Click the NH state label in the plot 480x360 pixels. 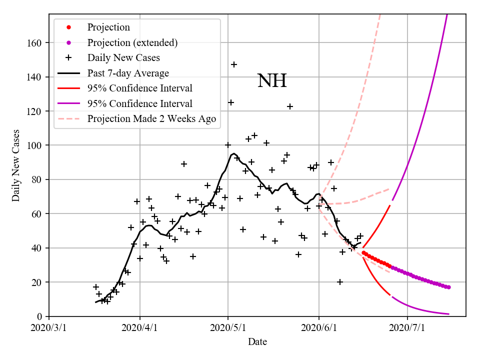tap(272, 81)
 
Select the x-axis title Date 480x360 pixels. tap(257, 342)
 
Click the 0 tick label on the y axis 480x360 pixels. tap(39, 316)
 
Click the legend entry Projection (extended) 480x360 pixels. tap(132, 42)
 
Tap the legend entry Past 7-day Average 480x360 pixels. tap(128, 73)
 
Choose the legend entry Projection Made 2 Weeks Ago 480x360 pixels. tap(152, 118)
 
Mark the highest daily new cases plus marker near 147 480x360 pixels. tap(233, 64)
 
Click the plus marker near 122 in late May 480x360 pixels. tap(289, 106)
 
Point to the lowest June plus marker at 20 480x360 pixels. tap(340, 282)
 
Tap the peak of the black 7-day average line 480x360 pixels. tap(234, 153)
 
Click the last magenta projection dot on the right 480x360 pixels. tap(448, 287)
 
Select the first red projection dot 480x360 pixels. tap(363, 252)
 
